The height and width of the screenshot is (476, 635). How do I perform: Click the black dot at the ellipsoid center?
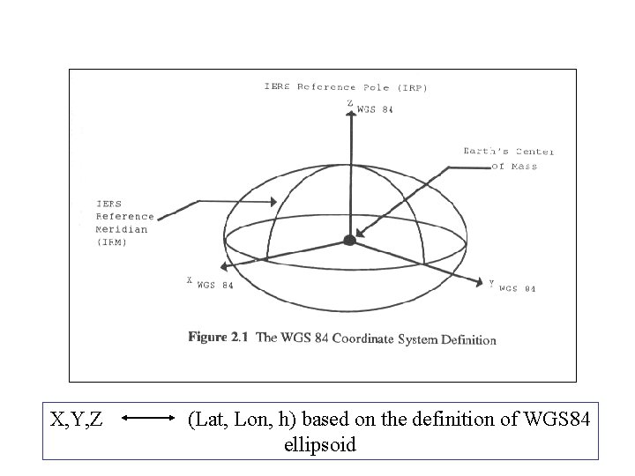[x=349, y=240]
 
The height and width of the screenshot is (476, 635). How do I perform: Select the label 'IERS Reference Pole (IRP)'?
[x=347, y=87]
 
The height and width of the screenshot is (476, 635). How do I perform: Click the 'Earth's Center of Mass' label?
[x=509, y=159]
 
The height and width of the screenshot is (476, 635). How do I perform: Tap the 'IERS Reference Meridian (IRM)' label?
[x=123, y=222]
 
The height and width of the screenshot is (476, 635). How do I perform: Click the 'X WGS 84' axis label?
[x=210, y=283]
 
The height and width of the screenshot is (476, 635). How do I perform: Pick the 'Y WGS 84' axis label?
[x=512, y=286]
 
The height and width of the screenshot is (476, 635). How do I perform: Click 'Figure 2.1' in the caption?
[x=220, y=338]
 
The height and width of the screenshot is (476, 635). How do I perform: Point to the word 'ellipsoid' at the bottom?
[x=320, y=445]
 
